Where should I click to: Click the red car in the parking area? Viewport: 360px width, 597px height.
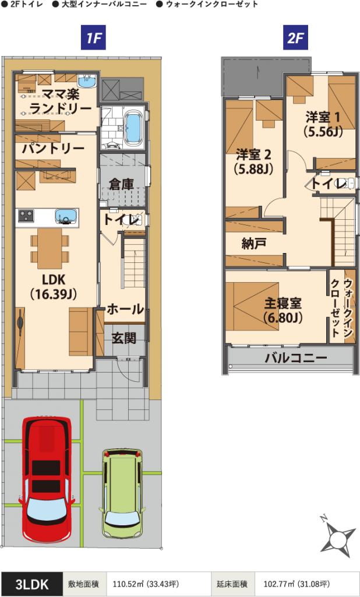[x=47, y=482]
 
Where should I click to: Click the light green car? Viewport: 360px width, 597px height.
[x=122, y=494]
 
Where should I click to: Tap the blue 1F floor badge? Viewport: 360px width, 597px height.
[x=93, y=38]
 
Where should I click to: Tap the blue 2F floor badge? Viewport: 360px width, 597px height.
[x=295, y=38]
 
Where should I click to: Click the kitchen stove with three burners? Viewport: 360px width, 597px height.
[x=26, y=216]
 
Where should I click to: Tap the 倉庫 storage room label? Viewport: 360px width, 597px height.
[x=121, y=184]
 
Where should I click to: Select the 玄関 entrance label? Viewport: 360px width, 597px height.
[x=123, y=338]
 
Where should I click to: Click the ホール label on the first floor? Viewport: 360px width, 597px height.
[x=125, y=309]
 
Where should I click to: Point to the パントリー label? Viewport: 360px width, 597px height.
[x=53, y=149]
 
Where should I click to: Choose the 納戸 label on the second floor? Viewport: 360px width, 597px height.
[x=254, y=243]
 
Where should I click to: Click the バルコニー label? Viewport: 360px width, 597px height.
[x=296, y=358]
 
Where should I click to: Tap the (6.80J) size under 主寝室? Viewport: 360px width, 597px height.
[x=283, y=318]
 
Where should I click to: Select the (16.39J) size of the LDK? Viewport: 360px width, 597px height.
[x=54, y=294]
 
